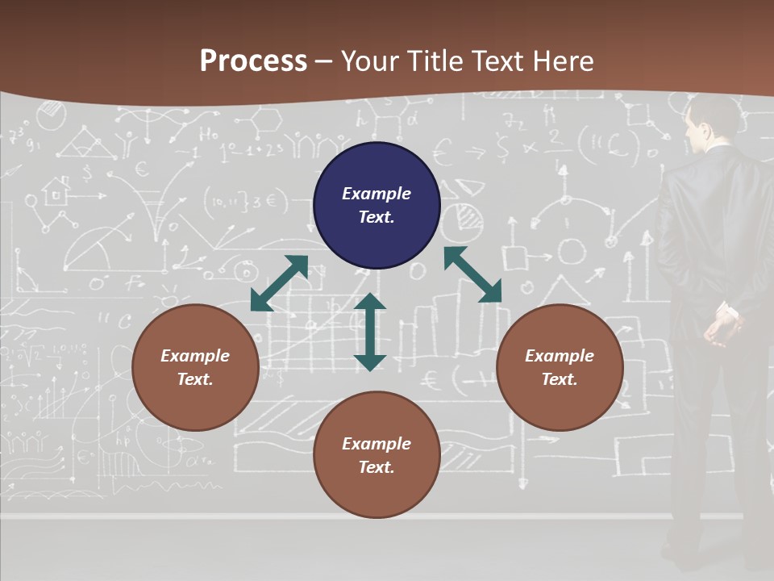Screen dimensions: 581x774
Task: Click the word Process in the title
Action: [253, 61]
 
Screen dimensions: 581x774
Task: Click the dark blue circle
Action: [377, 205]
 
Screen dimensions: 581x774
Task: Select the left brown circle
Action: [195, 367]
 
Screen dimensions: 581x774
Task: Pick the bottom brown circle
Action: [377, 455]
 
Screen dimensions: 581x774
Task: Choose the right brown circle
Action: [560, 367]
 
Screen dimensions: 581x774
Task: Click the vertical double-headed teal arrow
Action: [370, 332]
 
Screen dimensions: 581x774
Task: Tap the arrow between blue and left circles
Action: [280, 282]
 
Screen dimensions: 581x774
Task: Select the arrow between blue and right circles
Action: [472, 274]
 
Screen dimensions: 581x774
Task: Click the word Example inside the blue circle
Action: [377, 194]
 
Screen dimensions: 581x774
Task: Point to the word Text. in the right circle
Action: [560, 379]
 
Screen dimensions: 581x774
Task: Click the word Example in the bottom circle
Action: [377, 443]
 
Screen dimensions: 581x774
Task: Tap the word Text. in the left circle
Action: [195, 379]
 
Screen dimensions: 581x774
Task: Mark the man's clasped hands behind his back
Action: [723, 323]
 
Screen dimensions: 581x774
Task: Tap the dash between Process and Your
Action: [324, 61]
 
